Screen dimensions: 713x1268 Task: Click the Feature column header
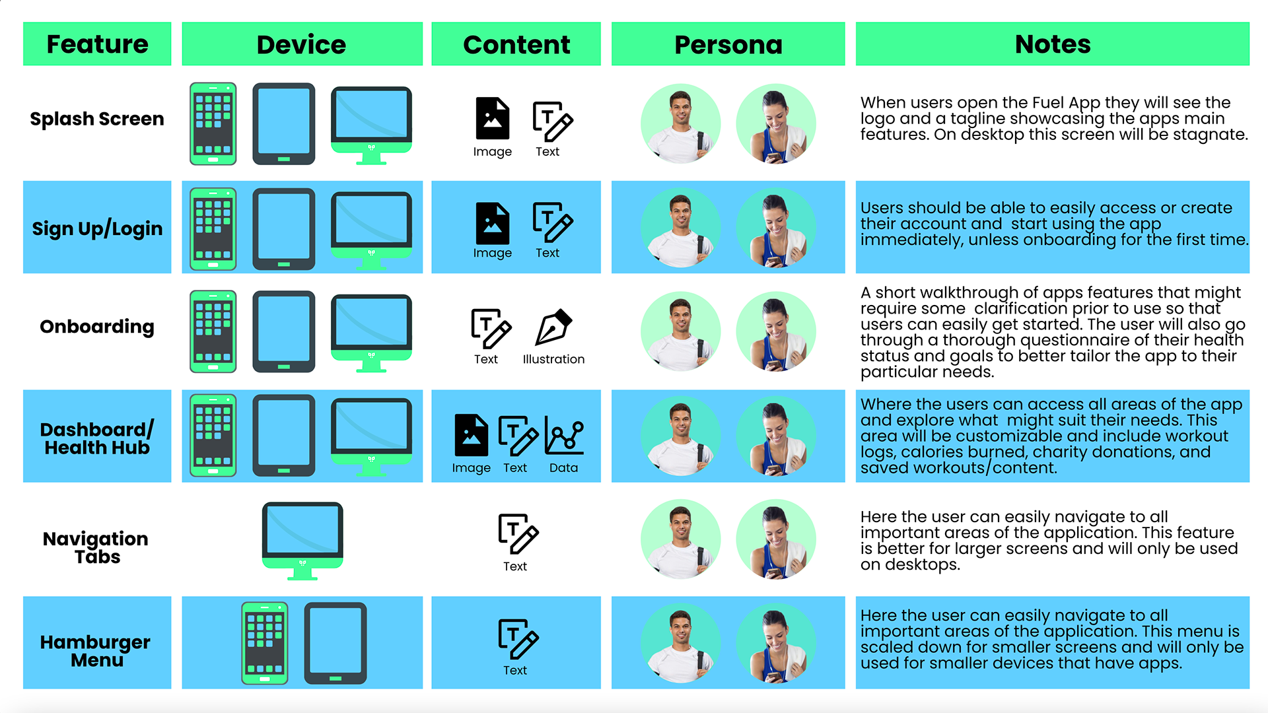pos(97,44)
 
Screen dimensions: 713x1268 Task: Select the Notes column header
pos(1052,44)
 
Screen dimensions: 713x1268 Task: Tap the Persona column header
pos(728,44)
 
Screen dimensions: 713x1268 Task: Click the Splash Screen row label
pos(97,119)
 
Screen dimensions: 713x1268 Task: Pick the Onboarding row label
pos(97,326)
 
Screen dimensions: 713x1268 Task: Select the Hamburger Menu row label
pos(96,650)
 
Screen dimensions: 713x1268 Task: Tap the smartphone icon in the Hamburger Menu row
pos(265,642)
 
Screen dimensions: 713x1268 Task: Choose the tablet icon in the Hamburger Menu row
pos(335,642)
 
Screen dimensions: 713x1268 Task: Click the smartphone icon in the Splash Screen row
pos(213,123)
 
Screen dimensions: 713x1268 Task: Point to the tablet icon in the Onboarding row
pos(284,331)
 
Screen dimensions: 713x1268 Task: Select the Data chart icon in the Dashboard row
pos(564,437)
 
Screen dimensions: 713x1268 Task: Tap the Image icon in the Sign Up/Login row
pos(492,223)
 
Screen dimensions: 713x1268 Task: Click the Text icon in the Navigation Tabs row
pos(518,533)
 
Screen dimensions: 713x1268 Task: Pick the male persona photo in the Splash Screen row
pos(680,123)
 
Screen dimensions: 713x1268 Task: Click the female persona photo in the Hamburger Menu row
pos(776,642)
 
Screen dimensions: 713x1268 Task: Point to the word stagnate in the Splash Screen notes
pos(1210,135)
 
